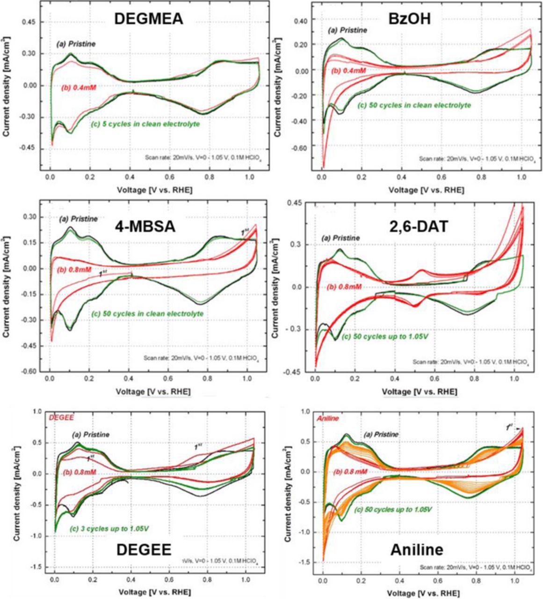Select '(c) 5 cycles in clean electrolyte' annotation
pyautogui.click(x=145, y=124)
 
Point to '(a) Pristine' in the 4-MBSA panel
pyautogui.click(x=79, y=219)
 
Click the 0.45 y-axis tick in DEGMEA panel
pyautogui.click(x=29, y=22)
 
